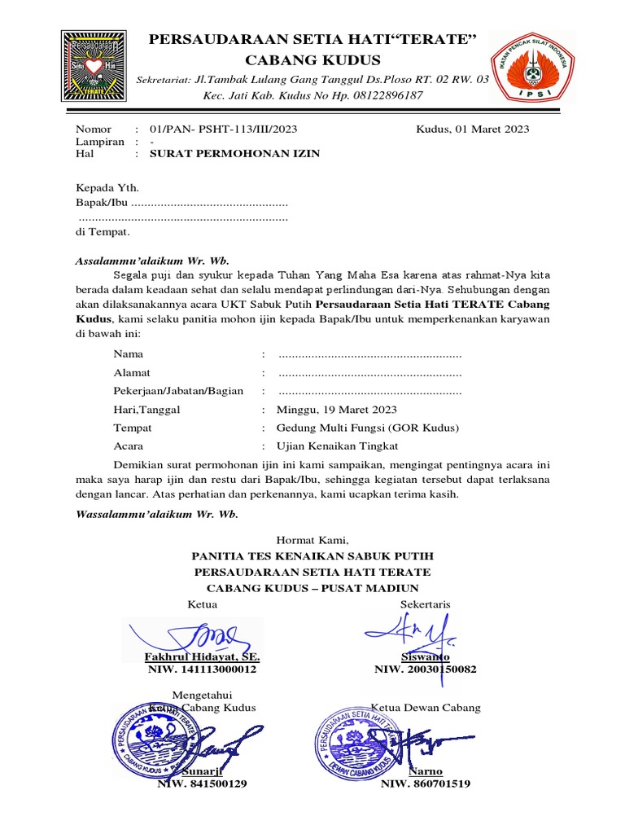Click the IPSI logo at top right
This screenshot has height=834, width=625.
coord(533,68)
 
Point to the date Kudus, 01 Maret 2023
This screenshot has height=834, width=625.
coord(472,129)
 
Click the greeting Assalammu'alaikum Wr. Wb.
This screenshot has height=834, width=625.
coord(152,261)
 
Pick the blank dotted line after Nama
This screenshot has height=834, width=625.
coord(369,354)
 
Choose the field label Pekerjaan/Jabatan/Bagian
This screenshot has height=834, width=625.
coord(178,391)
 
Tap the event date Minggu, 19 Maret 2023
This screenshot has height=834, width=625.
coord(337,410)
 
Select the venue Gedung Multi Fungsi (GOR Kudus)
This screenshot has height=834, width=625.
coord(368,428)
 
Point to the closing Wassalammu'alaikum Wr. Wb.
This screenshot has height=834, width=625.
coord(156,514)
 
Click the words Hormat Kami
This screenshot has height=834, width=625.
coord(312,539)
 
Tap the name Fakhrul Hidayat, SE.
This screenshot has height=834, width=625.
coord(202,656)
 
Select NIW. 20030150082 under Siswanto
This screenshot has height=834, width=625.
coord(425,669)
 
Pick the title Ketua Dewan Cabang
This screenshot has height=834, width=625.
coord(426,707)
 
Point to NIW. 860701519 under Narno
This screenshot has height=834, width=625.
coord(425,784)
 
